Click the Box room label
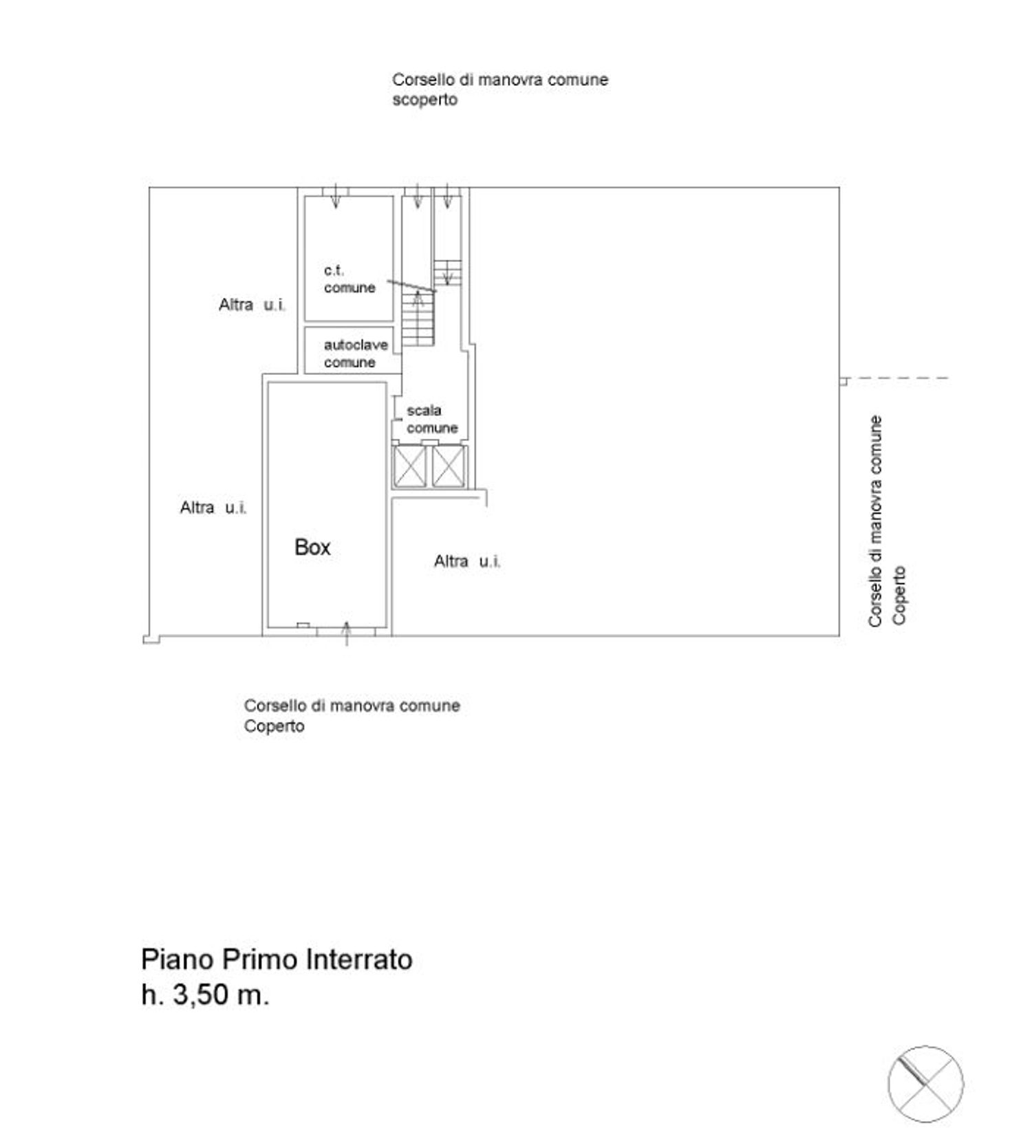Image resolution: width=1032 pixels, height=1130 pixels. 312,547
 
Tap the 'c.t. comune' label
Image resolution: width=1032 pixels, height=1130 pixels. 350,279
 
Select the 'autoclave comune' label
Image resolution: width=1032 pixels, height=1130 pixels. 355,354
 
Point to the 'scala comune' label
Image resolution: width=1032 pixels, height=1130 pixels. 431,419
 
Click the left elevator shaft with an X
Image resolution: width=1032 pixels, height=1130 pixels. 409,467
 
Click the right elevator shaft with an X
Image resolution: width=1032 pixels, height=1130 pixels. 449,467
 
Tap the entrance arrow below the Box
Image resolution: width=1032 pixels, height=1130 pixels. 346,633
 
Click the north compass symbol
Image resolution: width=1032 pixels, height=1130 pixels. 925,1084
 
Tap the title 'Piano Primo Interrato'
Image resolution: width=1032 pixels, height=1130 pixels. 277,959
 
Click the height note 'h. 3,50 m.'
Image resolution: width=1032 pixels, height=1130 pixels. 205,995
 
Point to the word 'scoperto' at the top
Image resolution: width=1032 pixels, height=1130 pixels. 424,100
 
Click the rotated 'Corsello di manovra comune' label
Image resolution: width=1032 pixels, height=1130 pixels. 875,521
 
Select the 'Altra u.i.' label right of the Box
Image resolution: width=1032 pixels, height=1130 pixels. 467,561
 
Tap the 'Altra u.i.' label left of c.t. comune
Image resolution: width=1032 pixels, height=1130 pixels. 252,305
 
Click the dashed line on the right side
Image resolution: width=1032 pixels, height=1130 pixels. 898,378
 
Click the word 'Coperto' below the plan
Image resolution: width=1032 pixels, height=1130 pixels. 274,726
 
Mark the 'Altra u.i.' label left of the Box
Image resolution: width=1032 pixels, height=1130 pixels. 213,508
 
